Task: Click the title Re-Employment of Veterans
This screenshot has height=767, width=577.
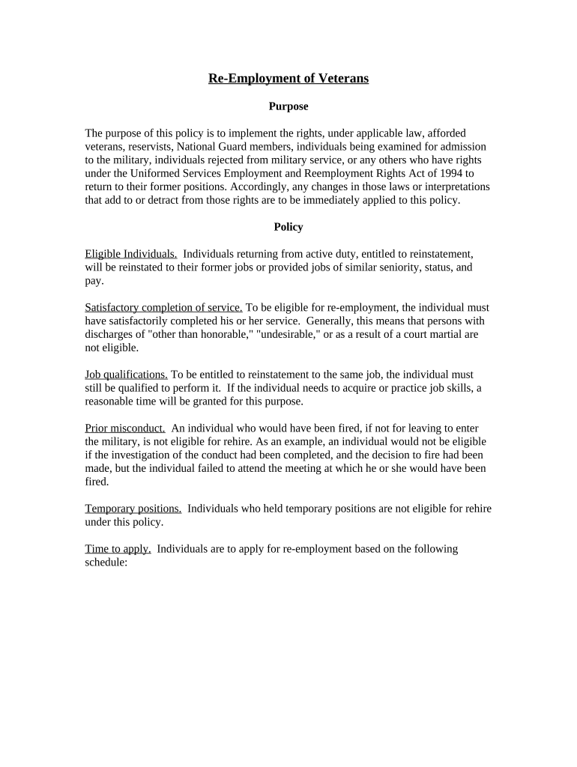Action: point(288,79)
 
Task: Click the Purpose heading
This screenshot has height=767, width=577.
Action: point(288,106)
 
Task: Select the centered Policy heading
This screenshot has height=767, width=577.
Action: point(288,227)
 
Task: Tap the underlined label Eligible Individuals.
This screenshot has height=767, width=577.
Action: point(131,254)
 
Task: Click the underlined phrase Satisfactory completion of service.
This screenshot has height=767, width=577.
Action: point(163,308)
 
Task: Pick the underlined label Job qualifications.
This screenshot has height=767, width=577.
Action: point(126,375)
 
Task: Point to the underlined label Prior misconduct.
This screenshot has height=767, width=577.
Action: point(125,428)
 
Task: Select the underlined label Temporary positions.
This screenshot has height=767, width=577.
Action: point(133,509)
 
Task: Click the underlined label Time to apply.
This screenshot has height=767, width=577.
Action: point(118,549)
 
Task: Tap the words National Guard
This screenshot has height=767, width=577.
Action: point(212,147)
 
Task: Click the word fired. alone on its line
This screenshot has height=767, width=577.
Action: point(97,482)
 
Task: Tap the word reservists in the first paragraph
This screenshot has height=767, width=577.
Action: point(148,147)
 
